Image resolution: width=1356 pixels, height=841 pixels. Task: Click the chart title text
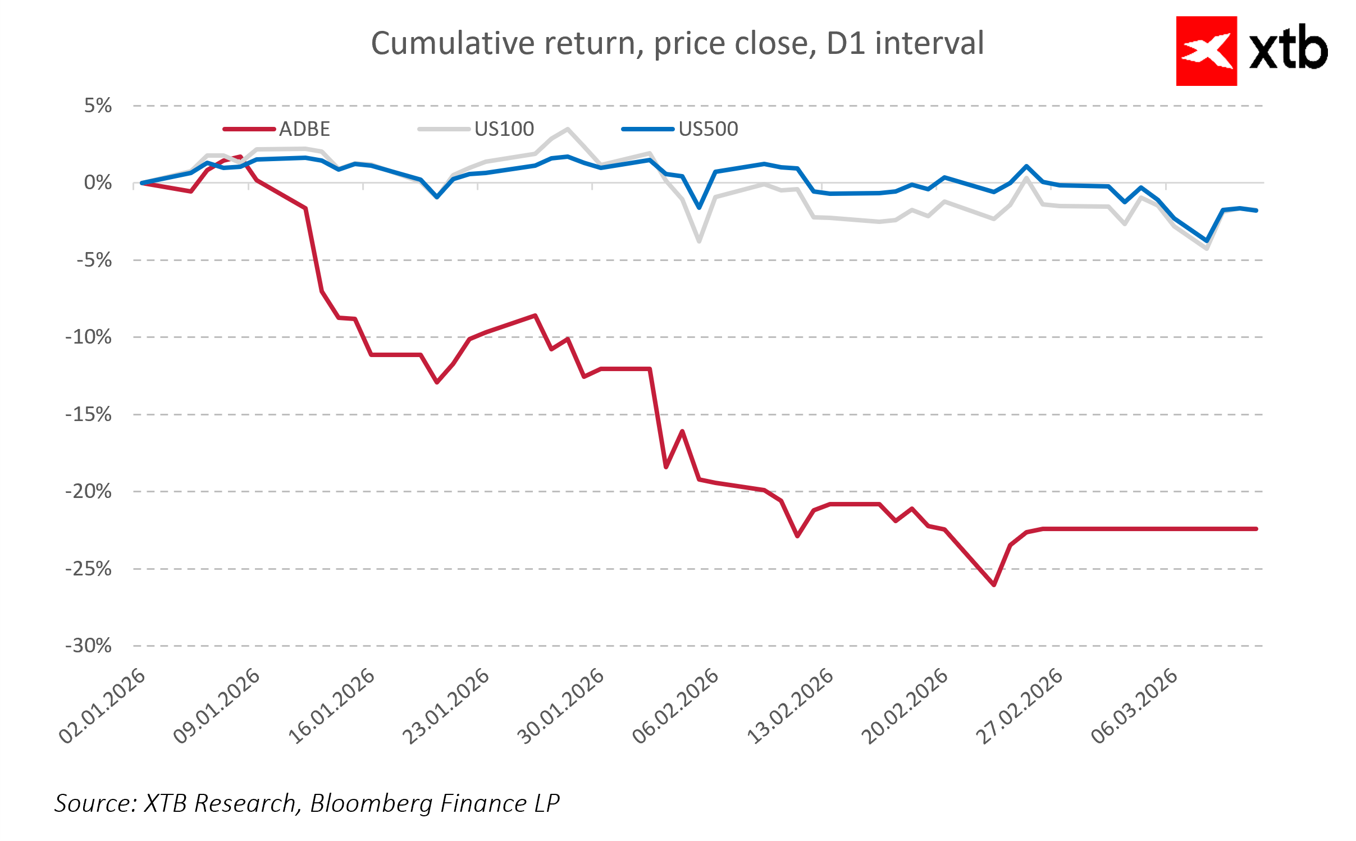677,43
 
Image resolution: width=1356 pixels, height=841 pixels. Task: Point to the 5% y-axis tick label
98,106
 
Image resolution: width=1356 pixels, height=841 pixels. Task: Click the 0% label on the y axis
98,182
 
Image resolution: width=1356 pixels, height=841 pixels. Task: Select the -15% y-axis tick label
89,414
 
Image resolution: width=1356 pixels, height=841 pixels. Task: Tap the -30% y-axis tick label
89,646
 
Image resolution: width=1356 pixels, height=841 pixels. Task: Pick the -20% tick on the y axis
89,491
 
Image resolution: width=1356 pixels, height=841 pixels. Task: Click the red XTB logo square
1206,51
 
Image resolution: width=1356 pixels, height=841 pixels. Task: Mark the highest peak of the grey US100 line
568,129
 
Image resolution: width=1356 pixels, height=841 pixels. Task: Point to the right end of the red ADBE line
1256,529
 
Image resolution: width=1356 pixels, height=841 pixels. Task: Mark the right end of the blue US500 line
1256,211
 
